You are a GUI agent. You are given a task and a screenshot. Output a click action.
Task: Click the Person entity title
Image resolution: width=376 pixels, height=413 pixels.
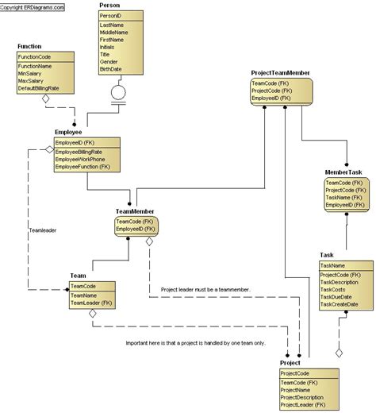click(x=109, y=5)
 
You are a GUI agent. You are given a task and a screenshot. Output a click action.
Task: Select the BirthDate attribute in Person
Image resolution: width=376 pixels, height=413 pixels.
click(x=111, y=69)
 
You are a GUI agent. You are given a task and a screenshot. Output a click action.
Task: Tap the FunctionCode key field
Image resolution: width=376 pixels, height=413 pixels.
click(x=36, y=57)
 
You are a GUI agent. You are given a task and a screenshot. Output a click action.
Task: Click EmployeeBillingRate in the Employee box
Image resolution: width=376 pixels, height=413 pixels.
click(x=80, y=151)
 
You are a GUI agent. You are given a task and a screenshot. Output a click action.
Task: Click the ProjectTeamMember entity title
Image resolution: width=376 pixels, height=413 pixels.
click(x=280, y=72)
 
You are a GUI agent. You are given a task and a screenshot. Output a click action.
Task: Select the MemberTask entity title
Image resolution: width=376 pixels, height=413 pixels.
click(x=343, y=172)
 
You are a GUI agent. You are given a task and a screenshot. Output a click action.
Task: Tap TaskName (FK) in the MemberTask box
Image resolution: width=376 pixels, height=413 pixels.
click(x=345, y=198)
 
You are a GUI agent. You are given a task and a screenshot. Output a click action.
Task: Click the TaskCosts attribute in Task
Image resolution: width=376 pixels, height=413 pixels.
click(x=336, y=289)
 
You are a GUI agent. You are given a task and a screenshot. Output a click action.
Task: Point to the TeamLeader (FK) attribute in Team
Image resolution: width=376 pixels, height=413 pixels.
click(x=90, y=303)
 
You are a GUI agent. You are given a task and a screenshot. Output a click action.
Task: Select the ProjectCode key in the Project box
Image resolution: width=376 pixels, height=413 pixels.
click(x=297, y=372)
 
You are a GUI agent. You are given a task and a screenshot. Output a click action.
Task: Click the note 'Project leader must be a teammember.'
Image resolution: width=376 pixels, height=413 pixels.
click(x=205, y=290)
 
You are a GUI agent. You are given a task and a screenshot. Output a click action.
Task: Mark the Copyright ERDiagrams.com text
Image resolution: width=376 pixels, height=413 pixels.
click(x=33, y=5)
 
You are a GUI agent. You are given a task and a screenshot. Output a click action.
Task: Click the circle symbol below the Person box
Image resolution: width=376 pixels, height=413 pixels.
click(x=118, y=92)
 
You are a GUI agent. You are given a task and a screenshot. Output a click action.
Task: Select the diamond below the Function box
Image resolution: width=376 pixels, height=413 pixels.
click(x=45, y=99)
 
